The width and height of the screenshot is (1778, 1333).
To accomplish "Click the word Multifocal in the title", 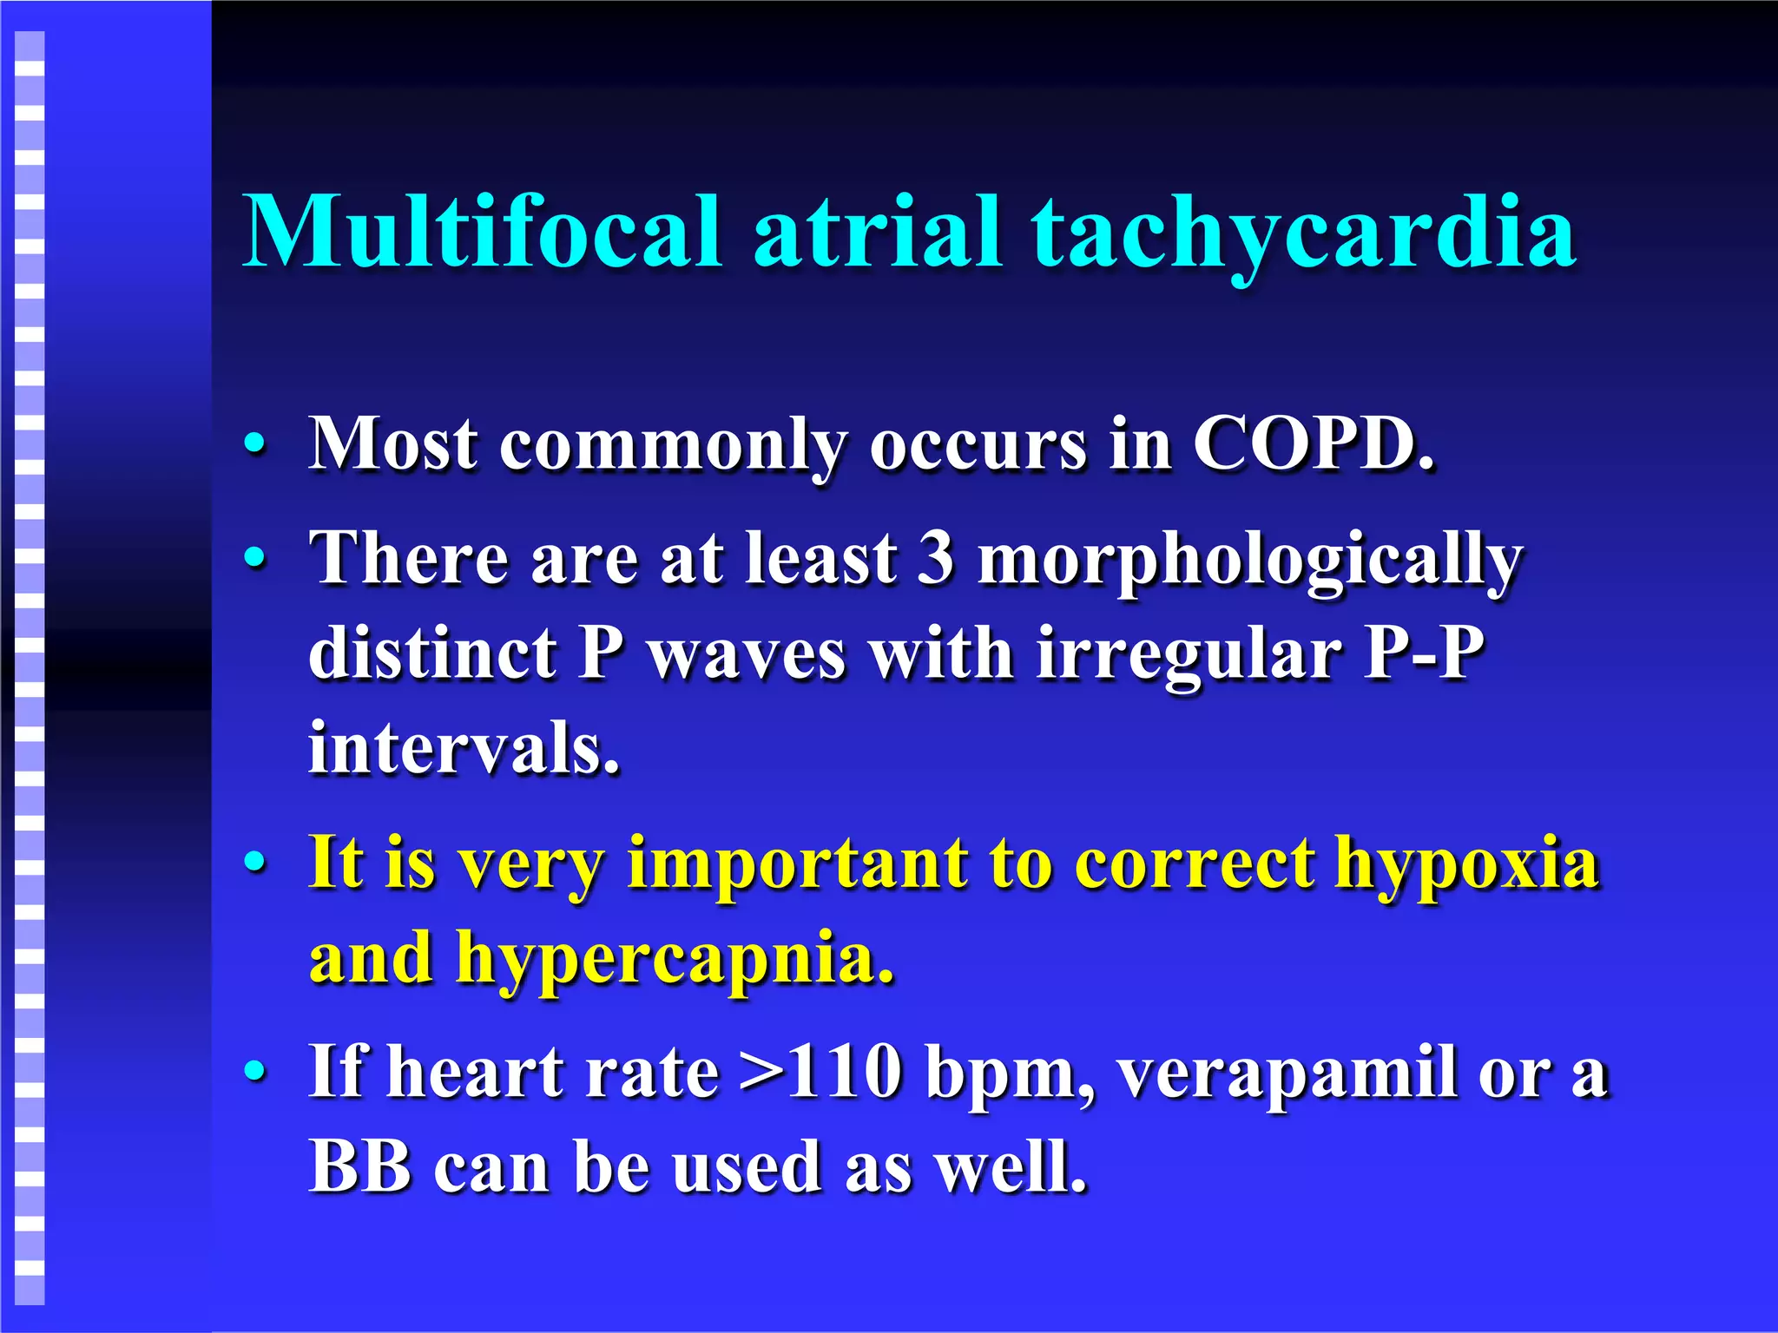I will point(482,232).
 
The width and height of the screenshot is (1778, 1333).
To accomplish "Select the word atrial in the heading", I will point(877,232).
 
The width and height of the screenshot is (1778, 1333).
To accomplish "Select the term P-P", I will point(1424,653).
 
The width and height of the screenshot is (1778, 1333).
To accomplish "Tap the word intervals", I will point(464,747).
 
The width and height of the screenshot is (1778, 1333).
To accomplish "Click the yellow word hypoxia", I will point(1467,866).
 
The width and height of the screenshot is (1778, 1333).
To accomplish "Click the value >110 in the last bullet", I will point(820,1073).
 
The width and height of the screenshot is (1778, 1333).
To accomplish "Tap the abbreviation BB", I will point(360,1167).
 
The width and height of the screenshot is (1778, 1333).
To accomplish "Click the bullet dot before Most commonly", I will point(254,444).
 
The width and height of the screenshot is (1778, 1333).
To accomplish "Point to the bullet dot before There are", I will point(254,558).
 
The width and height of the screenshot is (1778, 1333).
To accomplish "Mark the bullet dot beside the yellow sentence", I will point(254,863).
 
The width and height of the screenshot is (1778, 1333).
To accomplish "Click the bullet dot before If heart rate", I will point(254,1072).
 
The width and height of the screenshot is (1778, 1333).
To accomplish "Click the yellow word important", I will point(797,866).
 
